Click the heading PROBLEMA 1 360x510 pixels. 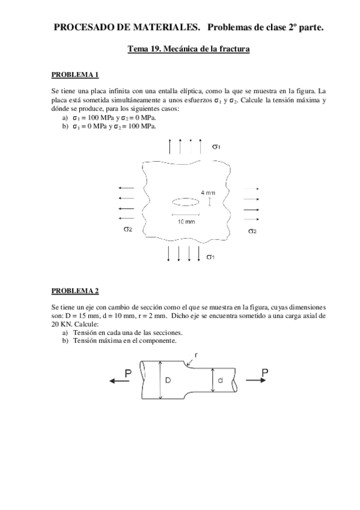(x=75, y=75)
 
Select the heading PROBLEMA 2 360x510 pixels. (x=75, y=292)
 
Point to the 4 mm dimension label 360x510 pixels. (x=208, y=192)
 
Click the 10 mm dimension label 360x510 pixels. (x=186, y=221)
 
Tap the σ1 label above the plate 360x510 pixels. (x=217, y=146)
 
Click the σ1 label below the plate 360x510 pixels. (x=210, y=257)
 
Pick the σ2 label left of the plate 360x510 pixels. (x=128, y=229)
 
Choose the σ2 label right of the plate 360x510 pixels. (x=252, y=231)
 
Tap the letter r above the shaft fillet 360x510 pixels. (x=197, y=355)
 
